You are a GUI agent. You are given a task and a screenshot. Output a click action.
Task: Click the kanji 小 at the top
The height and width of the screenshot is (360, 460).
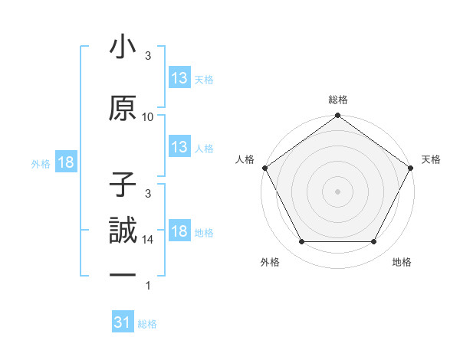click(x=123, y=49)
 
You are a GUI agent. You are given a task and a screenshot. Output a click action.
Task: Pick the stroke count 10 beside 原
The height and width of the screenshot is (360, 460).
click(x=148, y=116)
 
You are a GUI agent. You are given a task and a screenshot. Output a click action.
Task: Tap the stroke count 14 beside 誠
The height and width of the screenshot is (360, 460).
click(x=148, y=240)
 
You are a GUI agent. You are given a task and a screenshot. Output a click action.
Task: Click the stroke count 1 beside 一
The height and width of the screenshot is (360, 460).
click(x=148, y=286)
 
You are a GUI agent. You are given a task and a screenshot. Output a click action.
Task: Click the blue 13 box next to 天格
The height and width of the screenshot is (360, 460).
click(x=179, y=78)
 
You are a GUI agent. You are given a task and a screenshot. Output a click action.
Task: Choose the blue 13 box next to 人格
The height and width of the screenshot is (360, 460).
click(x=179, y=148)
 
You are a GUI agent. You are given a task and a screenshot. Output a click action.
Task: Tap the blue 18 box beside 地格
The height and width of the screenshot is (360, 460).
click(x=179, y=231)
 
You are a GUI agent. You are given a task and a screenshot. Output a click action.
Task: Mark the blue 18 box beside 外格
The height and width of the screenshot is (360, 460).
click(x=66, y=162)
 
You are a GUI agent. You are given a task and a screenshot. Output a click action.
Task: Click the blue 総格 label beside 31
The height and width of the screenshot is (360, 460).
click(x=147, y=323)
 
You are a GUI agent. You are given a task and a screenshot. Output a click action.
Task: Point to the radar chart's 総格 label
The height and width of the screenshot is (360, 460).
click(x=337, y=100)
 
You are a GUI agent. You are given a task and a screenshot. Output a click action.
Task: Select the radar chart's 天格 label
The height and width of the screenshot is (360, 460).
click(x=431, y=159)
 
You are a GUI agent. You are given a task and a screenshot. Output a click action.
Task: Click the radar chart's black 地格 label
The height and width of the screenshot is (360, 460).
click(x=402, y=262)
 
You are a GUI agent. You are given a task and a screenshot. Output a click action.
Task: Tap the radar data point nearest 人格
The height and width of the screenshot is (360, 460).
click(x=264, y=167)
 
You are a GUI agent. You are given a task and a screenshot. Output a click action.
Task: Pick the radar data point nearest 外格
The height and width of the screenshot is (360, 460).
click(x=301, y=242)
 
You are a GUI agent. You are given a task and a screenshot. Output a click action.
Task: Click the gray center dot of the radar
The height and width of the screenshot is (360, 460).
click(x=337, y=191)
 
